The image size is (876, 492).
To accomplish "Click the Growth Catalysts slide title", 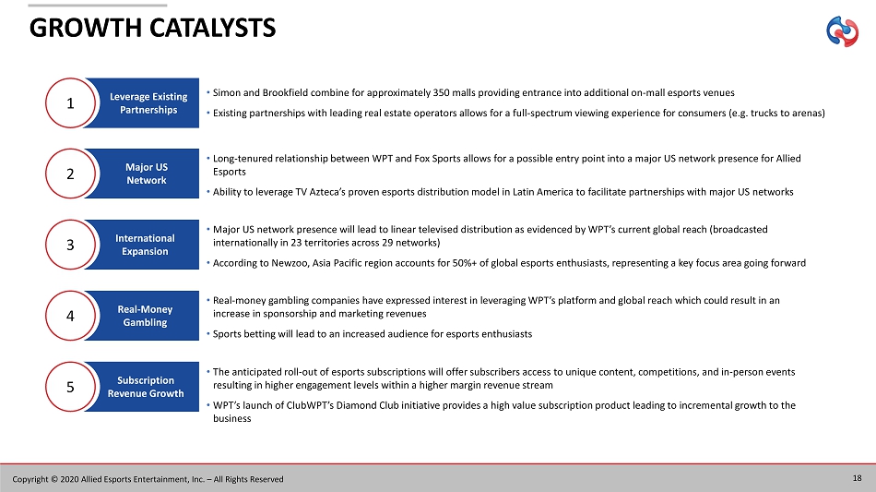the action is pos(152,28).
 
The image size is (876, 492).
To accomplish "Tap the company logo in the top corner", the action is pos(842,31).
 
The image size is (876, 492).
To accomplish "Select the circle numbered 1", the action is pos(70,102).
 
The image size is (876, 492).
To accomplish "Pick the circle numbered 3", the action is pos(70,245).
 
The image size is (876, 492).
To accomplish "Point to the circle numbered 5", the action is pos(70,387).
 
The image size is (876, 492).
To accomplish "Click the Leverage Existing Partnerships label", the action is pos(148,103).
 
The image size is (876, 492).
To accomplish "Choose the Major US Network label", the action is pos(147,174).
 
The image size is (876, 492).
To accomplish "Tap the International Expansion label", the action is pos(146,245).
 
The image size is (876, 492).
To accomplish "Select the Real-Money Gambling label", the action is pos(146,316).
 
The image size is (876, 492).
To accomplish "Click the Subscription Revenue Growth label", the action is pos(146,387).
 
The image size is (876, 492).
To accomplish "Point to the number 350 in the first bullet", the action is pos(442,93).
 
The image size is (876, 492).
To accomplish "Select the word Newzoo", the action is pos(289,263).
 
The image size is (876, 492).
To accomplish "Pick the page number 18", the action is pos(857,478).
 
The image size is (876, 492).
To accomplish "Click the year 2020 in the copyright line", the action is pos(69,479).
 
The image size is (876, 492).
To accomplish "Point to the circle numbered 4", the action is pos(70,316).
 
